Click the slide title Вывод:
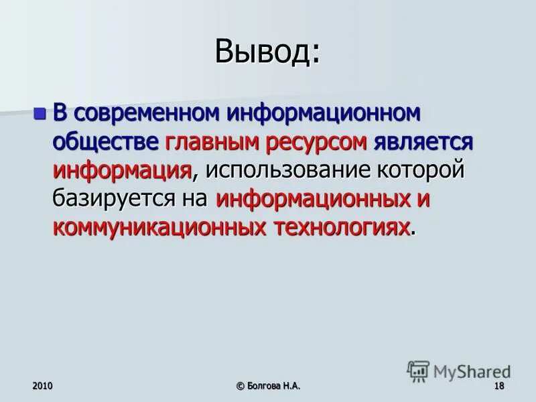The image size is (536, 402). pyautogui.click(x=268, y=52)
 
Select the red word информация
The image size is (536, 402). pyautogui.click(x=123, y=170)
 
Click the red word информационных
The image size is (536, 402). pyautogui.click(x=313, y=199)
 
